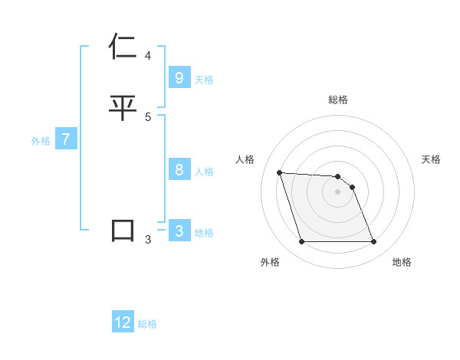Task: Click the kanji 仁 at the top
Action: [x=123, y=47]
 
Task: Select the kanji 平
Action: [x=123, y=107]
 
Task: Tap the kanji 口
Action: [x=123, y=231]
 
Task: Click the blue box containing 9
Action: [x=179, y=77]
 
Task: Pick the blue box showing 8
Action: [x=179, y=170]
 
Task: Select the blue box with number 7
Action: [x=66, y=140]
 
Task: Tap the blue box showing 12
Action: [x=123, y=322]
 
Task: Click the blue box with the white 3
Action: [x=179, y=231]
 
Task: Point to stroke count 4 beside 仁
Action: [x=148, y=56]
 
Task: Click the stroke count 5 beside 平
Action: [x=148, y=116]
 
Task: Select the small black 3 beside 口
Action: [x=148, y=240]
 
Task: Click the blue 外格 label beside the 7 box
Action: [x=41, y=141]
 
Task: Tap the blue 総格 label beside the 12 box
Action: [x=147, y=324]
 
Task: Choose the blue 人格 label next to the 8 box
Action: [x=204, y=172]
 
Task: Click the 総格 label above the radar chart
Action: [x=338, y=100]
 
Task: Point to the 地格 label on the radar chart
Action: [x=402, y=262]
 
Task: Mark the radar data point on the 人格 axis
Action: [x=280, y=172]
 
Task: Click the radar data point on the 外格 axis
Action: [x=301, y=242]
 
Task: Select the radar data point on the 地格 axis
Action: [x=373, y=242]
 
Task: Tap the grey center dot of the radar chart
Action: [x=337, y=191]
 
